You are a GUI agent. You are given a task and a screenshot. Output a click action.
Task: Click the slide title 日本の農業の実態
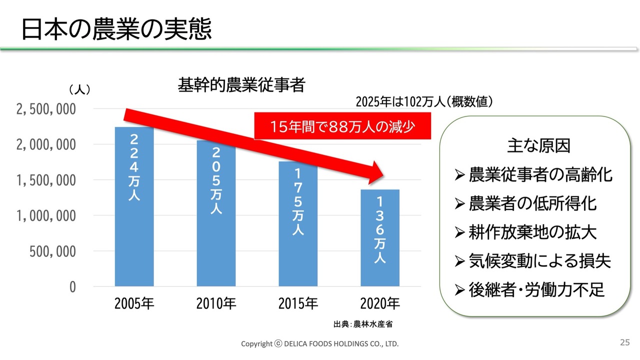click(x=116, y=29)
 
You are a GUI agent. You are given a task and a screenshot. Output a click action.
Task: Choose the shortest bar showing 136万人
click(x=380, y=237)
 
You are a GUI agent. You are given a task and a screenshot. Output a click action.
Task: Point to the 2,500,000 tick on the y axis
click(x=46, y=109)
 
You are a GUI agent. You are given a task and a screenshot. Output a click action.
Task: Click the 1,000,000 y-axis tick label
click(x=46, y=216)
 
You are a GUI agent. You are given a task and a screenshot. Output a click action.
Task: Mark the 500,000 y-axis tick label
click(x=52, y=251)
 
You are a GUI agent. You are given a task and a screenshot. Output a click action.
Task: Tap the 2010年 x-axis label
click(x=216, y=303)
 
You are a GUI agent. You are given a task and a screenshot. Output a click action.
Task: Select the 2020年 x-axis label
click(x=380, y=303)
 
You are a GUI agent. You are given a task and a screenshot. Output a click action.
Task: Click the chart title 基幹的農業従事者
click(x=241, y=85)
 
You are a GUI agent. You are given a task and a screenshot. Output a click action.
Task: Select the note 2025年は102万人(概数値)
click(x=424, y=102)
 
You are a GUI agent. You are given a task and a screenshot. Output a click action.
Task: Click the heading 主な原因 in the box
click(x=538, y=146)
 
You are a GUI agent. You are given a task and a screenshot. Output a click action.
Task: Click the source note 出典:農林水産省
click(x=363, y=323)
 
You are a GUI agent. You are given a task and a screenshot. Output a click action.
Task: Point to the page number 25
click(x=624, y=342)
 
